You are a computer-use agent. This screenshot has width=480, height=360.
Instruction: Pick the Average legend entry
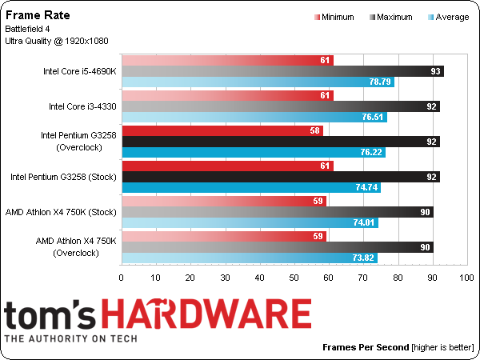click(x=446, y=16)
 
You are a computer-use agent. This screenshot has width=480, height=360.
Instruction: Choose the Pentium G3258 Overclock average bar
click(x=253, y=152)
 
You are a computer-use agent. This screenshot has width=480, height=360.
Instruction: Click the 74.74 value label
click(x=368, y=187)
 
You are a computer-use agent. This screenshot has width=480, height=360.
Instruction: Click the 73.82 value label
click(x=364, y=258)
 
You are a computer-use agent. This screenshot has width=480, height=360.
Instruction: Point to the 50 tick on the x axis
click(x=294, y=278)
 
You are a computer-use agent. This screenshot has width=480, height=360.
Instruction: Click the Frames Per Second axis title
click(x=366, y=348)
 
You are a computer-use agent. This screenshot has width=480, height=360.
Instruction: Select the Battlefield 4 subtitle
click(x=31, y=29)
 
